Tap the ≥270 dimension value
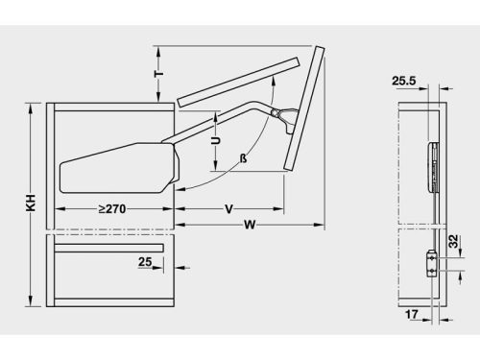pyautogui.click(x=114, y=208)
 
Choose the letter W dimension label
pyautogui.click(x=249, y=228)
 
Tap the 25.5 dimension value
pyautogui.click(x=404, y=83)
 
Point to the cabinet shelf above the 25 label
pyautogui.click(x=111, y=248)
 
